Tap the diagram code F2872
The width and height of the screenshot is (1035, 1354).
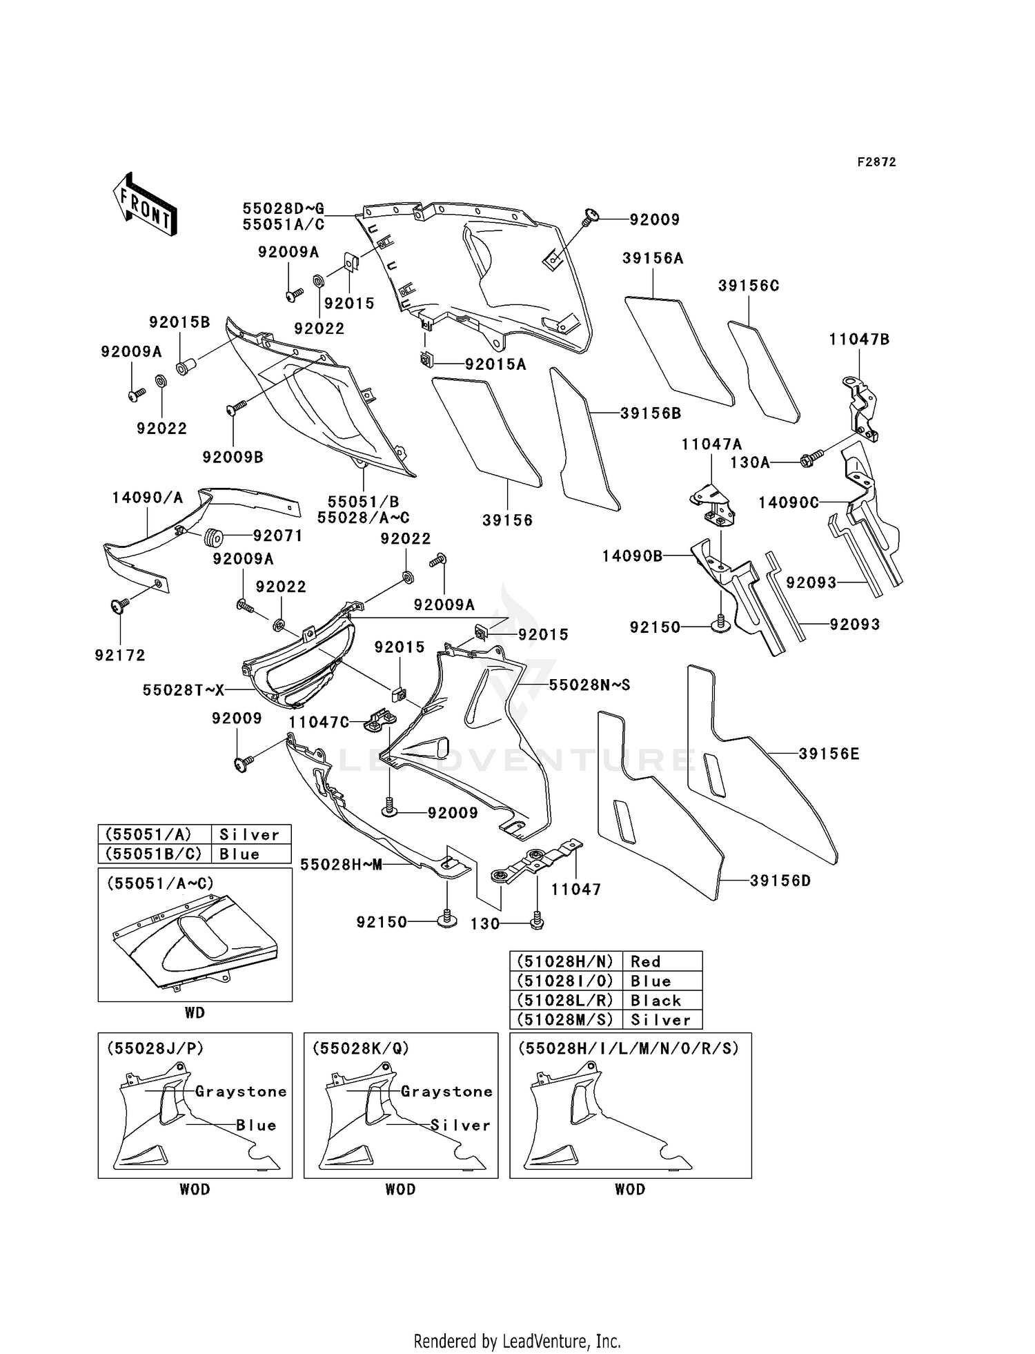(876, 162)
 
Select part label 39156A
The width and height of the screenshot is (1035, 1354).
(652, 258)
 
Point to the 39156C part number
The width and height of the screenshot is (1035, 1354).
(748, 286)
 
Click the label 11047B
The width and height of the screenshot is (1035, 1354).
(859, 340)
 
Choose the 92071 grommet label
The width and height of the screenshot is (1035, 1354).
(277, 536)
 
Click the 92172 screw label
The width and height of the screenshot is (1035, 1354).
(120, 655)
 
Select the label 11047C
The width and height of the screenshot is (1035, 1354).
(319, 723)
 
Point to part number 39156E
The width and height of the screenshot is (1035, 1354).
(829, 754)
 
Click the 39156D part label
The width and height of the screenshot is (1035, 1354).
(780, 881)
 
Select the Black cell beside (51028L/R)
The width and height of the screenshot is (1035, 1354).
(655, 1001)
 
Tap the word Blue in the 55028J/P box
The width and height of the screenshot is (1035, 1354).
(256, 1126)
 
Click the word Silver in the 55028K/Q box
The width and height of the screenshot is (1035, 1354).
(460, 1126)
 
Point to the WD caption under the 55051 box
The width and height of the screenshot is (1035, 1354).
(195, 1013)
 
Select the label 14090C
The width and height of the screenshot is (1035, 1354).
(789, 503)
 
